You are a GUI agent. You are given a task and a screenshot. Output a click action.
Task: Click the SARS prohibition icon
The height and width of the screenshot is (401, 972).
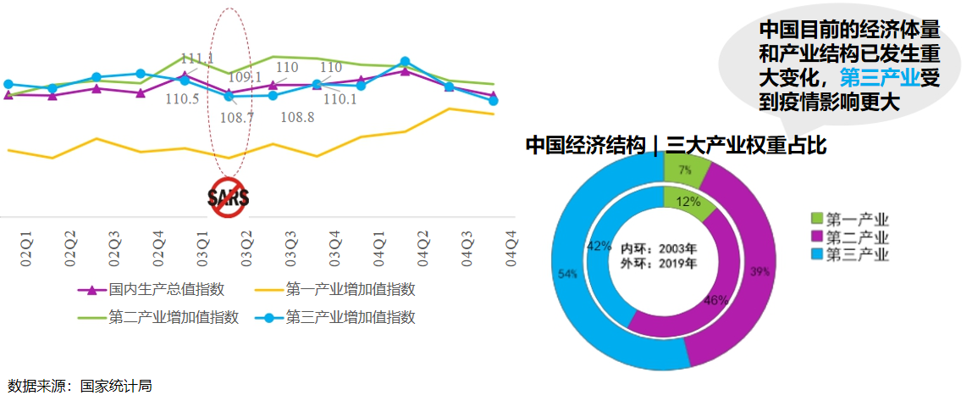(x=229, y=198)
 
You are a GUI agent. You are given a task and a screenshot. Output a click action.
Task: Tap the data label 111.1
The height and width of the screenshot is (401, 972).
(x=197, y=58)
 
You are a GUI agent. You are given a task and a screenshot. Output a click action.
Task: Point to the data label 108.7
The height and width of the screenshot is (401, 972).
(x=237, y=116)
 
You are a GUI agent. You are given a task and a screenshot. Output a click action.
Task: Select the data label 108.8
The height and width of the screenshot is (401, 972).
(x=297, y=117)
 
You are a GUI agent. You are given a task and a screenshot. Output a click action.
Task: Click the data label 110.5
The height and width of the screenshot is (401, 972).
(x=182, y=99)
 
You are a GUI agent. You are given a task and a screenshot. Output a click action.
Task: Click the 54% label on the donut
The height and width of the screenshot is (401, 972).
(x=566, y=274)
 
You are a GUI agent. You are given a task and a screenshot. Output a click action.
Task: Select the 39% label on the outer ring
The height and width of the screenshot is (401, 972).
(x=759, y=271)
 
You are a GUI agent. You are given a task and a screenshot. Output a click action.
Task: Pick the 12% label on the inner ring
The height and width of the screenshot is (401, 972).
(x=688, y=202)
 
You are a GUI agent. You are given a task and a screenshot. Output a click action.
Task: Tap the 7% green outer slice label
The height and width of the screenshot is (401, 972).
(x=683, y=170)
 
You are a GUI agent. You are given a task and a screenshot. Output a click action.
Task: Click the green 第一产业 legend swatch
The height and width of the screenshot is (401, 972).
(x=817, y=219)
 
